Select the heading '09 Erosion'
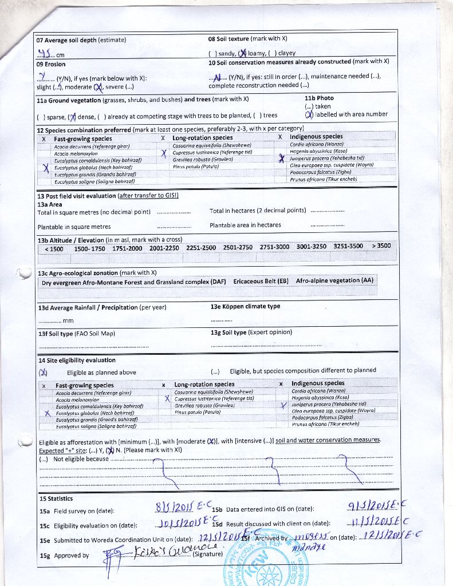click(51, 65)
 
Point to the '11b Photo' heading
click(319, 98)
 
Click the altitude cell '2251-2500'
click(201, 247)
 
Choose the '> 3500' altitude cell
click(381, 246)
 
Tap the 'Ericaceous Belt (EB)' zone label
click(261, 282)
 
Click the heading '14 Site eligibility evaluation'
click(77, 361)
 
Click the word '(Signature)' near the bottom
click(208, 554)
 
